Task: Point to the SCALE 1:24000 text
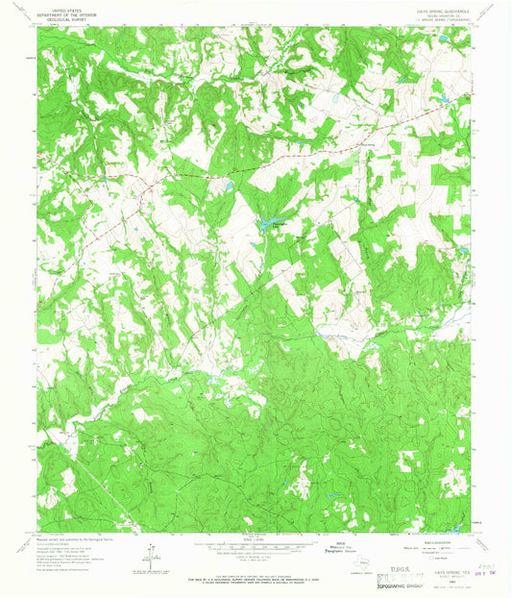pos(255,538)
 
